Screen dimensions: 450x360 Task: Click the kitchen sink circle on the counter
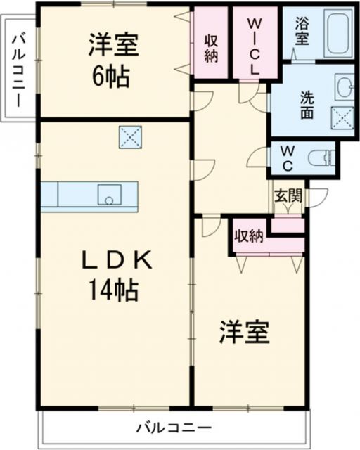[109, 200]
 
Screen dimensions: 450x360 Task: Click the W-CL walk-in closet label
[254, 45]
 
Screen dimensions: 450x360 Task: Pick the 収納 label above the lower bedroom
[249, 236]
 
